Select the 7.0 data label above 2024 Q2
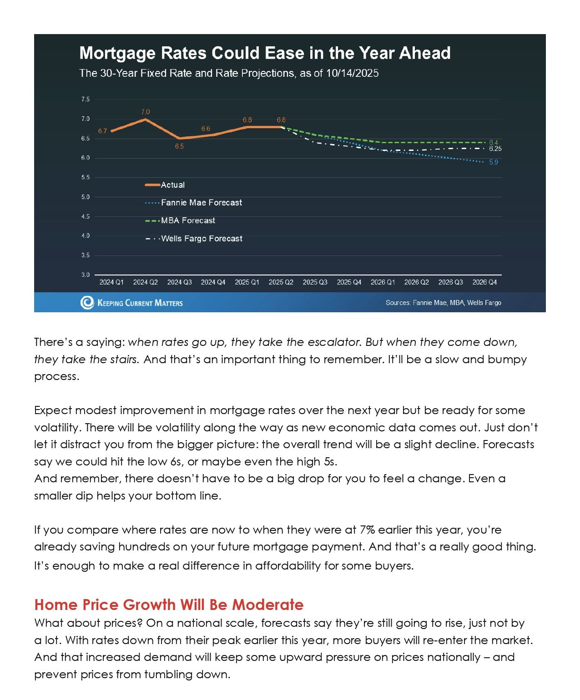146,112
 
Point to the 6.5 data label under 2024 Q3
179,146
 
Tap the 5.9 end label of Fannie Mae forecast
494,162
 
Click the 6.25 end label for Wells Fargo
495,149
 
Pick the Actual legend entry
172,185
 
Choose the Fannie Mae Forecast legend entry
201,203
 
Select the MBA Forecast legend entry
188,220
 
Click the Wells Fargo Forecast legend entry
202,239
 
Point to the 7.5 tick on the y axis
86,100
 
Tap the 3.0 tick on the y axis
86,275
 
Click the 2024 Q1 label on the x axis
111,282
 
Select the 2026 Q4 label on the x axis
484,282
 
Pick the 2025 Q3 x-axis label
315,282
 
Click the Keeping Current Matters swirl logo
87,302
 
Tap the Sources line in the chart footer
443,303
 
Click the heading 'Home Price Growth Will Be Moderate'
169,605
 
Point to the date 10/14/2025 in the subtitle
352,74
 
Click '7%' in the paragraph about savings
367,530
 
